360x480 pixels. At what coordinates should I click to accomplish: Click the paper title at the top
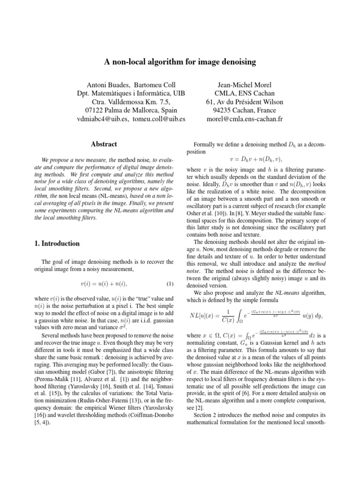[x=180, y=61]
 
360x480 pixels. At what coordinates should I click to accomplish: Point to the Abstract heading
[x=104, y=144]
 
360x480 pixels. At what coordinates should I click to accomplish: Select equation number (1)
[x=170, y=284]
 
